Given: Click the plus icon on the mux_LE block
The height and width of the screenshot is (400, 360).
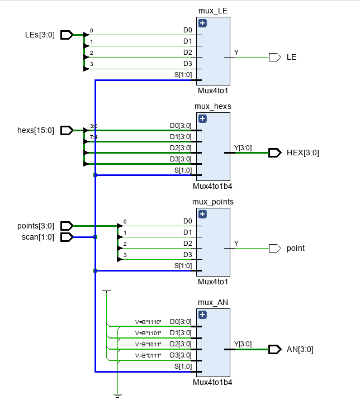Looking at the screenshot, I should [x=202, y=23].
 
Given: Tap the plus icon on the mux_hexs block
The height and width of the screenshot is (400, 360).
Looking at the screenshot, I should [x=202, y=119].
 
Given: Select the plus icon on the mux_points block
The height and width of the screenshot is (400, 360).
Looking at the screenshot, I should [x=202, y=215].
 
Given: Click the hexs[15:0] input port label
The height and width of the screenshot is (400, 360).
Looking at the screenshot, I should [x=35, y=131].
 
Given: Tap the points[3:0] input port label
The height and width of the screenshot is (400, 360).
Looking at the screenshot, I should [x=36, y=226].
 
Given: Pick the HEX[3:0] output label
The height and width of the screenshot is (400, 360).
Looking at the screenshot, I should [x=302, y=153].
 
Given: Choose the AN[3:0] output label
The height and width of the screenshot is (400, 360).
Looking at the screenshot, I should [x=300, y=349].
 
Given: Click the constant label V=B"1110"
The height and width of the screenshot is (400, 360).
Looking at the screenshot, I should [x=148, y=322].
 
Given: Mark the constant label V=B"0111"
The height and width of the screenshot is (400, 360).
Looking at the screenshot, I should [x=148, y=355].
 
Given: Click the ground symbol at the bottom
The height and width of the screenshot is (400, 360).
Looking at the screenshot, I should [x=117, y=395].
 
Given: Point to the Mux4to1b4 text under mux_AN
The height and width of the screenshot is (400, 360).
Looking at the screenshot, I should [x=212, y=383].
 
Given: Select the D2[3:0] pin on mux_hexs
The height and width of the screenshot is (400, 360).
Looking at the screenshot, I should [x=181, y=148].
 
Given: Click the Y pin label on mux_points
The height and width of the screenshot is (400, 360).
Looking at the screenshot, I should [x=236, y=244].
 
